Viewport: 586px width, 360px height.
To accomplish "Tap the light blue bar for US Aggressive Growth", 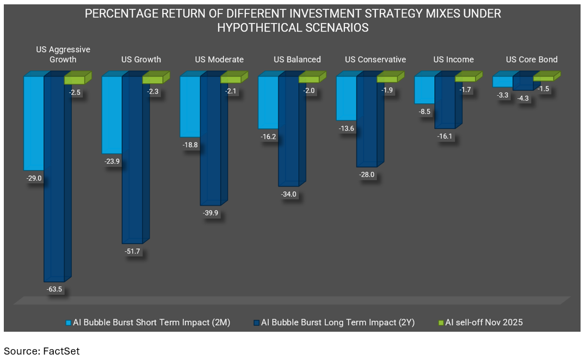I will pyautogui.click(x=34, y=122).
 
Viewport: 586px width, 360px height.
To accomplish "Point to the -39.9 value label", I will pyautogui.click(x=211, y=213).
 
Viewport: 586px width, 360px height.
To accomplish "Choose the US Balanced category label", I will pyautogui.click(x=297, y=59).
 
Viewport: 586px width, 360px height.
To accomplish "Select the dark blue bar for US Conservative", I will pyautogui.click(x=366, y=121).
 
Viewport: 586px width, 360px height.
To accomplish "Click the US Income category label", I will pyautogui.click(x=453, y=59).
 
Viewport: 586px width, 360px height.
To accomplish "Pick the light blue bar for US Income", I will pyautogui.click(x=424, y=90).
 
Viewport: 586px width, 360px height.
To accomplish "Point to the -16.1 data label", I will pyautogui.click(x=445, y=136).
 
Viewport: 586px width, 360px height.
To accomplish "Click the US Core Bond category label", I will pyautogui.click(x=532, y=59).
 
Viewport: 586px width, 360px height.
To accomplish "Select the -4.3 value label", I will pyautogui.click(x=522, y=98).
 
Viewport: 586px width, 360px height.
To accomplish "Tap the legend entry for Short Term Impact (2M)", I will pyautogui.click(x=146, y=322).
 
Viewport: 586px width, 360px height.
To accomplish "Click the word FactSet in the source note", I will pyautogui.click(x=61, y=351).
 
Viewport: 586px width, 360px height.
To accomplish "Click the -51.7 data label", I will pyautogui.click(x=133, y=252).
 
